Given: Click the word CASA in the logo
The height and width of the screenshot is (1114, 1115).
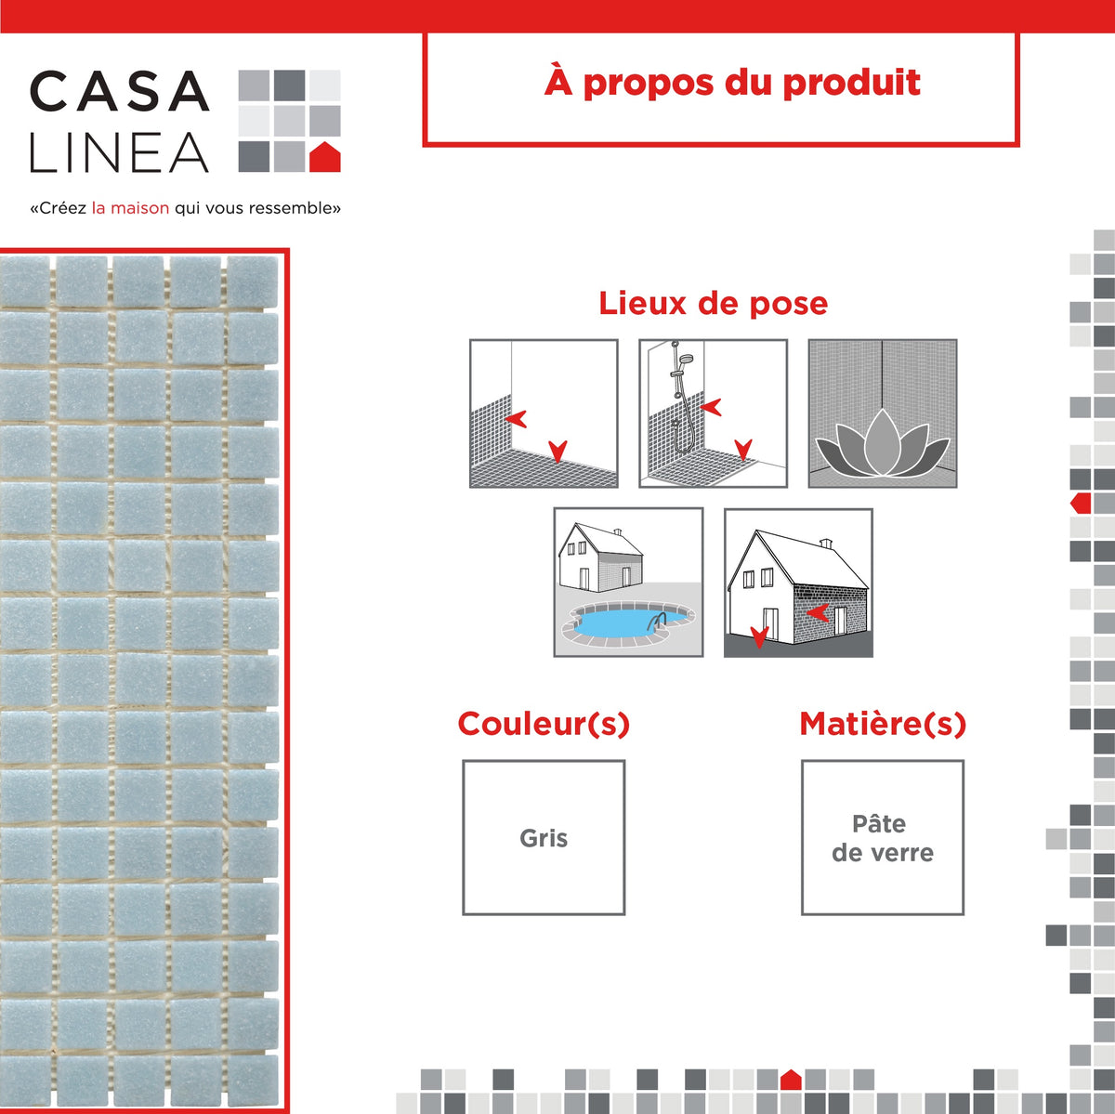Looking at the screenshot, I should (119, 91).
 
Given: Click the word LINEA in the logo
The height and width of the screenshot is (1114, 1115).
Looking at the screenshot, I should (119, 153).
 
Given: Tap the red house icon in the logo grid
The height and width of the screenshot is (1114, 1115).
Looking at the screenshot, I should (324, 157).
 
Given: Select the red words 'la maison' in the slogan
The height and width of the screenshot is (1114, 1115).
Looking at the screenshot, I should (130, 208).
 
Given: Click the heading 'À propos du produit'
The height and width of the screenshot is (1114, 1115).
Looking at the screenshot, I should (732, 83).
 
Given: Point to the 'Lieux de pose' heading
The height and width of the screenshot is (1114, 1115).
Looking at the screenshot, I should (713, 303).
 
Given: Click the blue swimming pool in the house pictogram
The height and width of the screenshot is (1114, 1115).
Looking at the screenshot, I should (618, 621).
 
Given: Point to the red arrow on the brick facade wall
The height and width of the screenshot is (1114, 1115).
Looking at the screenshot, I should (818, 612).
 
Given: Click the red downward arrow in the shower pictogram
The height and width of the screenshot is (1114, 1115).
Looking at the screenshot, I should (744, 451).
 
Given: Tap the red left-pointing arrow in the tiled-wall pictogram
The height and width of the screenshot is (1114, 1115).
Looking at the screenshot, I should (517, 418).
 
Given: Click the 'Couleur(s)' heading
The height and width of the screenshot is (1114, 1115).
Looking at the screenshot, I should (544, 724).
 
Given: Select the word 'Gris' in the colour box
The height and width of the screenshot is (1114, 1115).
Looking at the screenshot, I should (544, 838).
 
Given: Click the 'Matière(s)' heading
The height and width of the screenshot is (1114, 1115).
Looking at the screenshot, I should (883, 724).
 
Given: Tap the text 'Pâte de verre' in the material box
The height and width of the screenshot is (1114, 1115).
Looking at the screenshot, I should (882, 838).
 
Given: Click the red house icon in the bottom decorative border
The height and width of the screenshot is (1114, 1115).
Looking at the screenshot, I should (791, 1080).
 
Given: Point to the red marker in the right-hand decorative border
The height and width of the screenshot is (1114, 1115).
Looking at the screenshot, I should (1081, 504).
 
